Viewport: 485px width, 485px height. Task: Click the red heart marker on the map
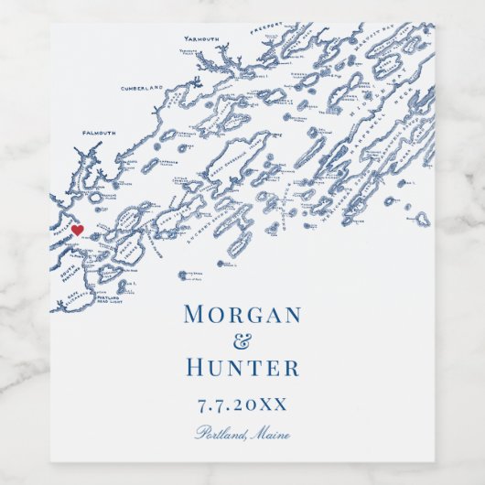click(78, 230)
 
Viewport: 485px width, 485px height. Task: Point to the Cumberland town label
click(141, 88)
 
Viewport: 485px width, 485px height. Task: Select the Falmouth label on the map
click(99, 133)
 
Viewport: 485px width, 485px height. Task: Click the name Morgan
click(242, 315)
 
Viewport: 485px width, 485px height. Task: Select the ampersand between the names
click(242, 341)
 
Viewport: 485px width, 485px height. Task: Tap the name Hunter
click(242, 369)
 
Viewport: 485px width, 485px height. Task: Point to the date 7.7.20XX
click(242, 404)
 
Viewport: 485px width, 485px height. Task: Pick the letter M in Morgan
click(195, 315)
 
